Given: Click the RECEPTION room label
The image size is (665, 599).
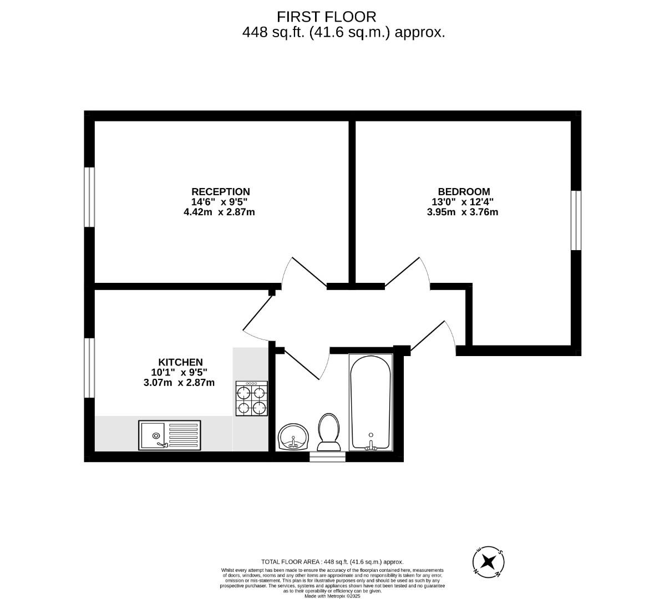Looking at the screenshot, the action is tap(221, 192).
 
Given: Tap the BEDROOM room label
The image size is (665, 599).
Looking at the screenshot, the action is tap(464, 192).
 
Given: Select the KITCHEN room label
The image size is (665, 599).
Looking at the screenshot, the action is tap(180, 362).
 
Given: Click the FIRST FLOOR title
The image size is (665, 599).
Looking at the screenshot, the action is tap(327, 17).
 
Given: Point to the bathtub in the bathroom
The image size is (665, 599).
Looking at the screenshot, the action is tap(370, 402).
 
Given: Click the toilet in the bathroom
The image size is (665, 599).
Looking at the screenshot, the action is tap(329, 432).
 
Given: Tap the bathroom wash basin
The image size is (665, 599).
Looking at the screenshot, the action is tap(293, 437).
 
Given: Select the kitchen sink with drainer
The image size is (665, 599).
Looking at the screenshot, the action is tap(170, 435).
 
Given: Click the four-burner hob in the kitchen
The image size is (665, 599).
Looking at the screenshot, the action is tap(252, 398).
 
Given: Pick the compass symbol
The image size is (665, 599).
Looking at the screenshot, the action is tap(489, 562).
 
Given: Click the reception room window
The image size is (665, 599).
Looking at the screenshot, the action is tap(89, 197).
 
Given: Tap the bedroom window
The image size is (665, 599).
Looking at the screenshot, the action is tap(576, 221).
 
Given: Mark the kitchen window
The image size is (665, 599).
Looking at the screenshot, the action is tap(89, 368).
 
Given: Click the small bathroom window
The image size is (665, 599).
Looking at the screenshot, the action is tap(328, 457).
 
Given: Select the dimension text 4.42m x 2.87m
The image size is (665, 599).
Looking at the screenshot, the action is tap(219, 212).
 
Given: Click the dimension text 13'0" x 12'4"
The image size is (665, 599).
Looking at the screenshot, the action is tap(463, 202).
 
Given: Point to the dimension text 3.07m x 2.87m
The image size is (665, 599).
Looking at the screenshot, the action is tap(179, 383).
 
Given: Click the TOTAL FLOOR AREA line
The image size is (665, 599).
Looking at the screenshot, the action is tap(333, 562).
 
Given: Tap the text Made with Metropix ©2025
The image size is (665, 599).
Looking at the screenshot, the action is tap(333, 596).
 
